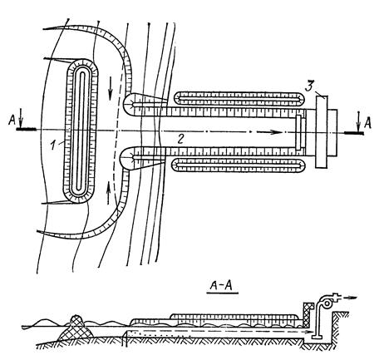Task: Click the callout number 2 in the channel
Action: pyautogui.click(x=180, y=139)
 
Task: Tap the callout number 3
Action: pyautogui.click(x=309, y=86)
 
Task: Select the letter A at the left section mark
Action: pyautogui.click(x=12, y=121)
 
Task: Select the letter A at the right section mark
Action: pyautogui.click(x=367, y=122)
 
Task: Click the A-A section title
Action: pyautogui.click(x=221, y=286)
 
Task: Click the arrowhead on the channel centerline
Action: pyautogui.click(x=277, y=132)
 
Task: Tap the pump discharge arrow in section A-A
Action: pyautogui.click(x=349, y=298)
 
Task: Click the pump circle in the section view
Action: pyautogui.click(x=327, y=303)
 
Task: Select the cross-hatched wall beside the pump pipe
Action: pyautogui.click(x=308, y=315)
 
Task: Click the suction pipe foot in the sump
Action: pyautogui.click(x=316, y=337)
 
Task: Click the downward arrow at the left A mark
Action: pyautogui.click(x=22, y=121)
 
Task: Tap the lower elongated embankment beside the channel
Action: pyautogui.click(x=239, y=165)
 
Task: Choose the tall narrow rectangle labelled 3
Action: pyautogui.click(x=322, y=131)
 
